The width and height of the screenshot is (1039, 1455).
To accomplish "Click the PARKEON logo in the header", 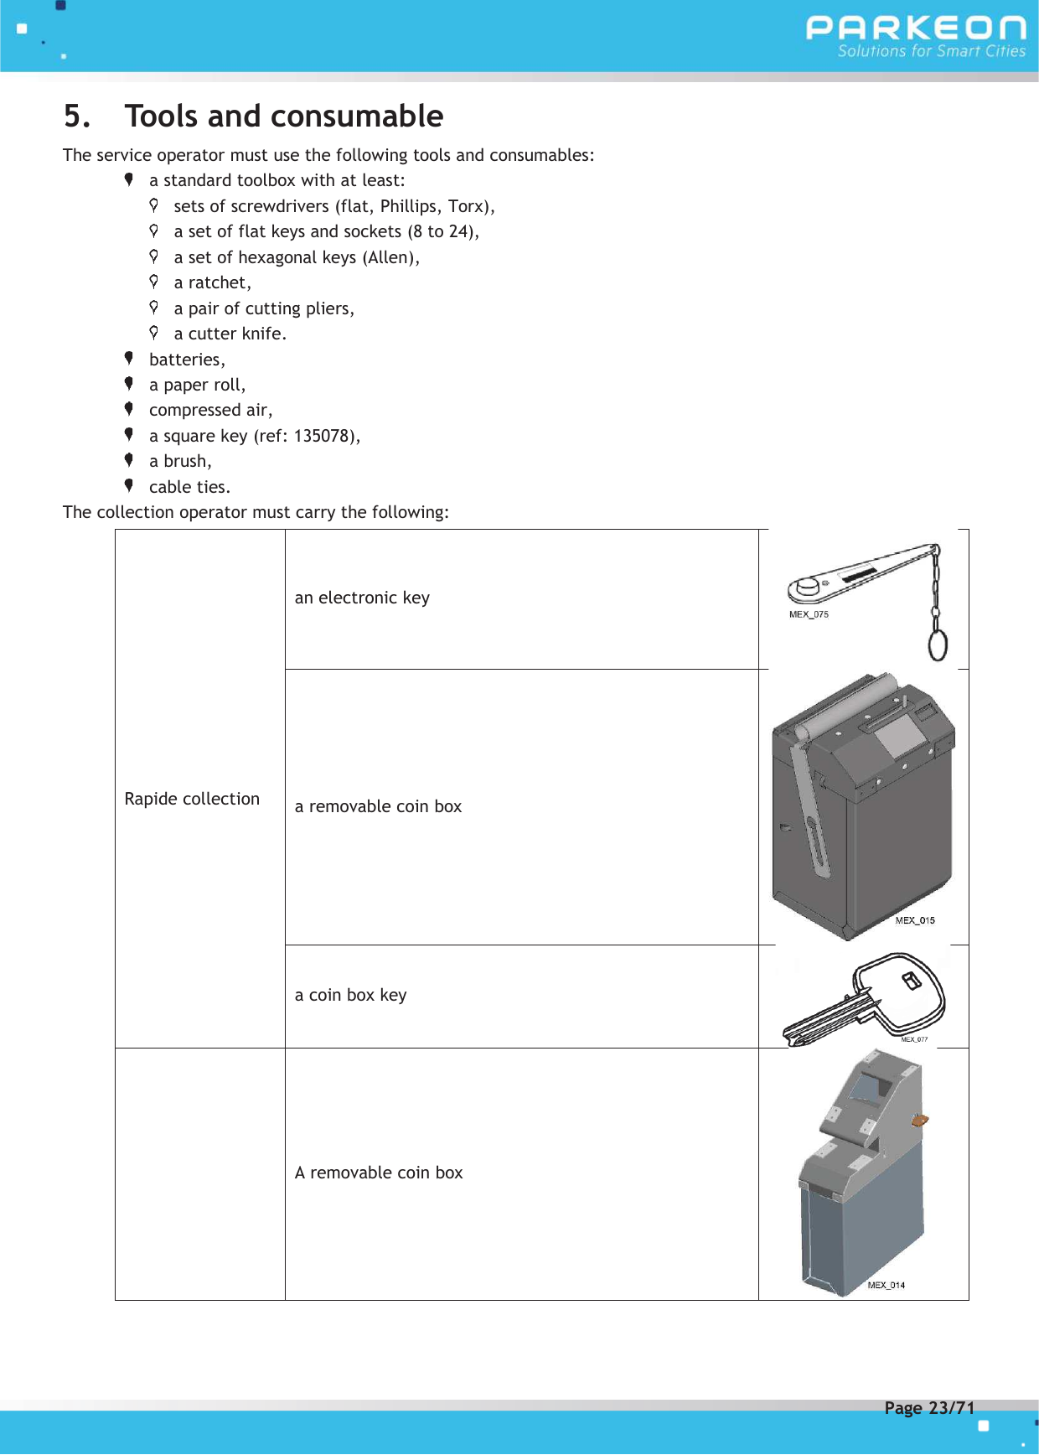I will [915, 28].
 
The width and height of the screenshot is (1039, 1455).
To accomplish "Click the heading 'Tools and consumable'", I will [284, 117].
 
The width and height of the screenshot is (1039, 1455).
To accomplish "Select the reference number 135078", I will [323, 436].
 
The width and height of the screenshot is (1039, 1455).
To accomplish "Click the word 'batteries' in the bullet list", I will [185, 360].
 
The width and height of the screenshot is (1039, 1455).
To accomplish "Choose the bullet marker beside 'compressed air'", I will [129, 409].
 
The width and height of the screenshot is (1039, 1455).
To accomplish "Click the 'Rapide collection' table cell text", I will [192, 799].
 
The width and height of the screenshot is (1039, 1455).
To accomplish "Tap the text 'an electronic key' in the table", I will [362, 598].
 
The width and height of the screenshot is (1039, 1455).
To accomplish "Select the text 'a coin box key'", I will [350, 995].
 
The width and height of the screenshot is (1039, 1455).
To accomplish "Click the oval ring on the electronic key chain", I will [938, 645].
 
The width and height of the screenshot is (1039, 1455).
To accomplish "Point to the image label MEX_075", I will [809, 614].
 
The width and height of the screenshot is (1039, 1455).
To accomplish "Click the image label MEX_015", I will [915, 920].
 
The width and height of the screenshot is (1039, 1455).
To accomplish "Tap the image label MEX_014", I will [886, 1285].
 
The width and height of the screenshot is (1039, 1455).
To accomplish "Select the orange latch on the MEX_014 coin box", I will [919, 1120].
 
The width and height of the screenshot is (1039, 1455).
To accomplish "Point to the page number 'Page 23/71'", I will [929, 1408].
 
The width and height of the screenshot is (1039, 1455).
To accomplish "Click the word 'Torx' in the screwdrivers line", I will [468, 206].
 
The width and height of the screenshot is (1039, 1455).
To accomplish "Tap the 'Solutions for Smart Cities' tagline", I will [931, 51].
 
